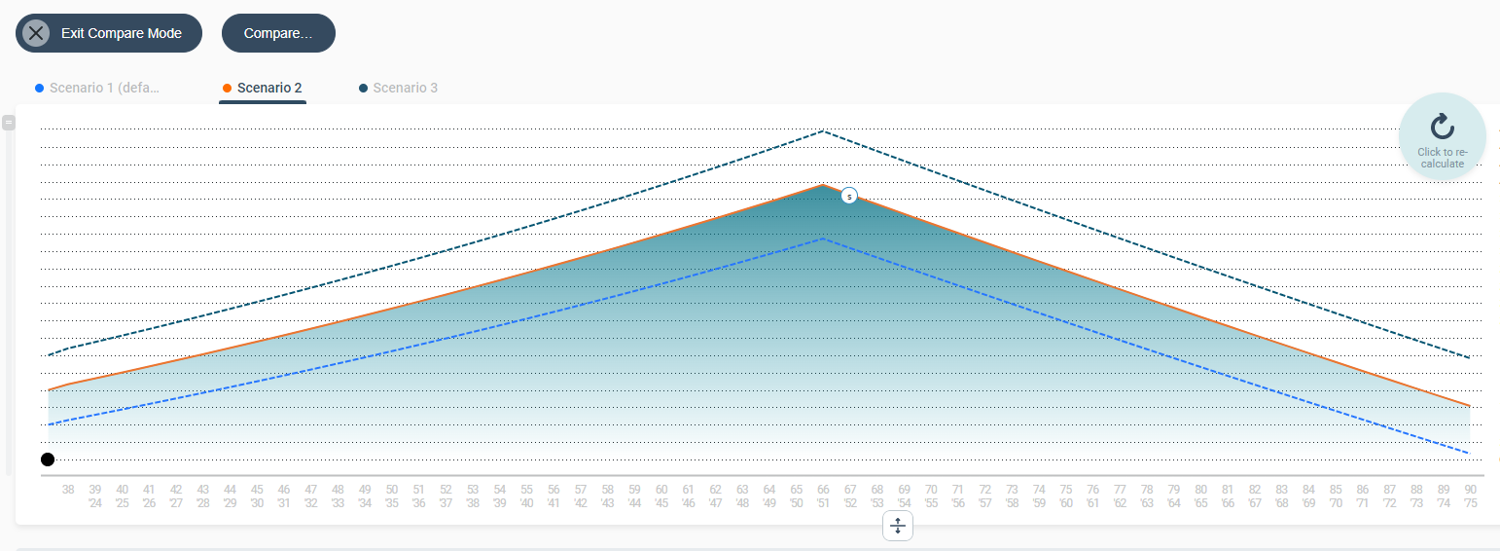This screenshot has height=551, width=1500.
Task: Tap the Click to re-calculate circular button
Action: (x=1442, y=136)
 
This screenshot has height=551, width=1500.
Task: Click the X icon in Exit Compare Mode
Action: (x=36, y=33)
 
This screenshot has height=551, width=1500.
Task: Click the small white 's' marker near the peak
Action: (x=849, y=196)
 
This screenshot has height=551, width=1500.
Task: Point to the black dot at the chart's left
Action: (x=48, y=459)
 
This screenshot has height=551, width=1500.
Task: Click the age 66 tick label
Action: (x=823, y=489)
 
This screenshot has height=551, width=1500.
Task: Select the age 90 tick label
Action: (x=1470, y=489)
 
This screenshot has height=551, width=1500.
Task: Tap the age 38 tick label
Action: (x=68, y=489)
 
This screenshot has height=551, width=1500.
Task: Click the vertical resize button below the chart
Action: (x=898, y=527)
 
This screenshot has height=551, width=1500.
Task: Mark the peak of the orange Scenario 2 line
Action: (x=823, y=184)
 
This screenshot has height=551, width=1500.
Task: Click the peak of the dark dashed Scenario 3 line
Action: (x=823, y=130)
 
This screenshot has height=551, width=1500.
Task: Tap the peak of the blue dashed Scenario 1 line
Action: (x=823, y=238)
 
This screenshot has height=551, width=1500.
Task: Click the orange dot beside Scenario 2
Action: (x=227, y=89)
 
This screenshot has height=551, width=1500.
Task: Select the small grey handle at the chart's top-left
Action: (x=9, y=123)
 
